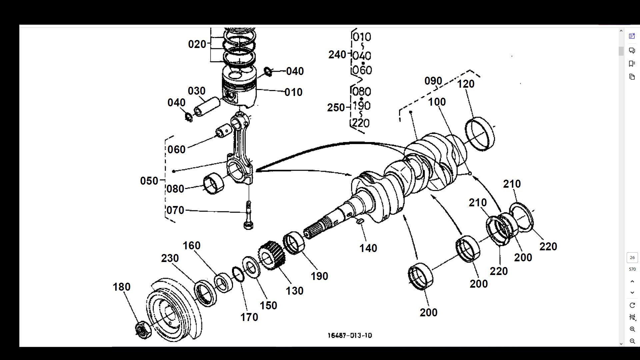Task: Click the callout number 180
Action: (121, 287)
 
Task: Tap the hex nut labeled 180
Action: (143, 330)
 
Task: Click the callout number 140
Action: (368, 248)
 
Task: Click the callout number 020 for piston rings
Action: (197, 44)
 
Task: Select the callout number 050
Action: (149, 181)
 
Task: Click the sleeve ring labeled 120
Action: (480, 134)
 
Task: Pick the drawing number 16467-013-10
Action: (350, 335)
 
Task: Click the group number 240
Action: (337, 55)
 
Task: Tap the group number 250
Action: (336, 108)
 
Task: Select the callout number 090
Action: (433, 81)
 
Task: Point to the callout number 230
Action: (170, 258)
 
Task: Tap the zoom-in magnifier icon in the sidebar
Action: (632, 329)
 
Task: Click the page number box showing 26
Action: (632, 258)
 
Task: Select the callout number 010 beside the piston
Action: (293, 92)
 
